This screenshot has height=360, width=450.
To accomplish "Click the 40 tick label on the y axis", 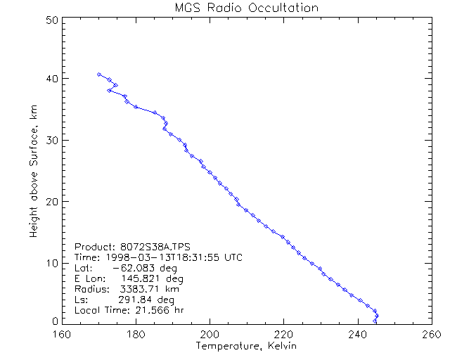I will [51, 79].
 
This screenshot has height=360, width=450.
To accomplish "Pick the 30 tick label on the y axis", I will [51, 140].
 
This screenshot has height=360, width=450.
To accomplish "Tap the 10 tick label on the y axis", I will [51, 263].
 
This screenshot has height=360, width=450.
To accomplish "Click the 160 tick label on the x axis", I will [63, 334].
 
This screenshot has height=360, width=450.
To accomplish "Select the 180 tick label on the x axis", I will [136, 334].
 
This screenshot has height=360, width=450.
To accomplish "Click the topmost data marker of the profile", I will [99, 74].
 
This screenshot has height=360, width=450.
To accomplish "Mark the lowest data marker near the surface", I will [375, 321].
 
